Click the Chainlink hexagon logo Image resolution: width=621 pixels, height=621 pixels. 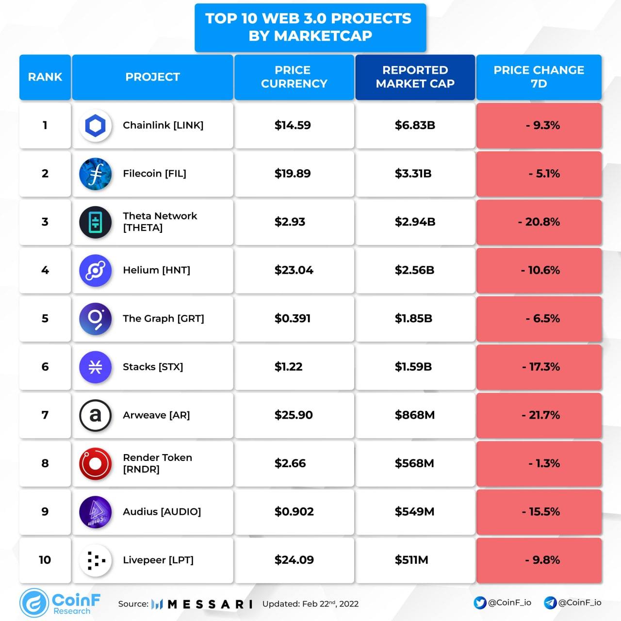click(x=95, y=125)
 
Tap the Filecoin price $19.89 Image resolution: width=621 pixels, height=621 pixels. click(x=292, y=173)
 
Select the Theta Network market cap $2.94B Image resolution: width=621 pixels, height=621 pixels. click(x=415, y=222)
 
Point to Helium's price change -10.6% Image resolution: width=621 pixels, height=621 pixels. click(x=540, y=270)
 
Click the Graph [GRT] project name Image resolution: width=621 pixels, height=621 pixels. click(x=163, y=318)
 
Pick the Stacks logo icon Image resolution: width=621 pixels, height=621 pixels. click(x=95, y=367)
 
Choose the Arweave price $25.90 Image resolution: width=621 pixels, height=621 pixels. click(x=293, y=415)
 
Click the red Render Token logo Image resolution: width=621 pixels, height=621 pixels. click(x=95, y=464)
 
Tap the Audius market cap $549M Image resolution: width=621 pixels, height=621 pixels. click(x=414, y=512)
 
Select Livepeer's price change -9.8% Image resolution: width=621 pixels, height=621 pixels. click(x=542, y=560)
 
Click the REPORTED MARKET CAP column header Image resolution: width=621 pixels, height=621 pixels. click(x=415, y=77)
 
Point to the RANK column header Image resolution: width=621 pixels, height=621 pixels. click(x=45, y=77)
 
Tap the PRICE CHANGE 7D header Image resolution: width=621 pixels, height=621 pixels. click(x=539, y=77)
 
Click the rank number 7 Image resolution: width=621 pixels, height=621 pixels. click(x=45, y=415)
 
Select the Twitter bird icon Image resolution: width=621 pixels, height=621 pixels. click(x=479, y=603)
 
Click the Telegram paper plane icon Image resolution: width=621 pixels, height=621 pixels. click(x=550, y=603)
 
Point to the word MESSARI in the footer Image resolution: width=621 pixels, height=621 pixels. click(x=210, y=604)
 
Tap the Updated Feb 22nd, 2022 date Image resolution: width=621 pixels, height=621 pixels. click(x=310, y=604)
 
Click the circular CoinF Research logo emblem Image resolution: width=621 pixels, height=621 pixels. click(x=34, y=603)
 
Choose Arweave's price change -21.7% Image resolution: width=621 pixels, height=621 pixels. click(x=540, y=415)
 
